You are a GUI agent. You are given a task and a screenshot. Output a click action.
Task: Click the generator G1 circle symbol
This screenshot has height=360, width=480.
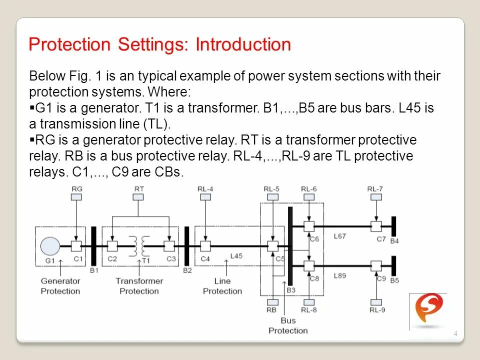point(49,245)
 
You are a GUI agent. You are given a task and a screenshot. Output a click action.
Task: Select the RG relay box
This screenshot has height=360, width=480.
point(76,197)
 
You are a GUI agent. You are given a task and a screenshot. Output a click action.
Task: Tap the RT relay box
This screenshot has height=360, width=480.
point(139,197)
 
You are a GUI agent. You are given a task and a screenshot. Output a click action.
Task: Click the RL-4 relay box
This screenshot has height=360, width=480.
point(205,197)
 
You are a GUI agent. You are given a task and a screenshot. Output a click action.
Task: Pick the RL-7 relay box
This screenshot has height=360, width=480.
point(374,197)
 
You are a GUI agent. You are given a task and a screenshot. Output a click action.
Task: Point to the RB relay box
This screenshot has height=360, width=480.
point(272,302)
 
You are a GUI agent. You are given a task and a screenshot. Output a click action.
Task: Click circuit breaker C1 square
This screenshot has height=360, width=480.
point(76,245)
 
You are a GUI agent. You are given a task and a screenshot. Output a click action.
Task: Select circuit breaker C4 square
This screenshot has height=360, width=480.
point(205,245)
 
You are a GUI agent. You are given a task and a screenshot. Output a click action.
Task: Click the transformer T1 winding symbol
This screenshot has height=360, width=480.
point(139,245)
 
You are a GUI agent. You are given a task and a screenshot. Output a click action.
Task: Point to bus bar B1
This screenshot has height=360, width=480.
point(93,245)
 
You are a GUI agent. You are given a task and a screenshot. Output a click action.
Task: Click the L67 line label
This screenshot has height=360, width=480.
point(339,236)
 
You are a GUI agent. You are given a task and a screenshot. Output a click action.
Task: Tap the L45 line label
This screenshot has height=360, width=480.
point(236,256)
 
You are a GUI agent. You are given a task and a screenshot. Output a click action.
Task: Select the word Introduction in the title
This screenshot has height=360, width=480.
point(243,44)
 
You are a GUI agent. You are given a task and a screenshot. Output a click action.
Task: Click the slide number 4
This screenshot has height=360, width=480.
point(455,334)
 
